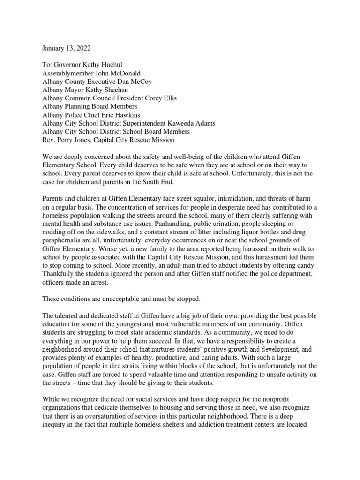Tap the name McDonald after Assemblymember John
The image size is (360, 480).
point(127,73)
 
